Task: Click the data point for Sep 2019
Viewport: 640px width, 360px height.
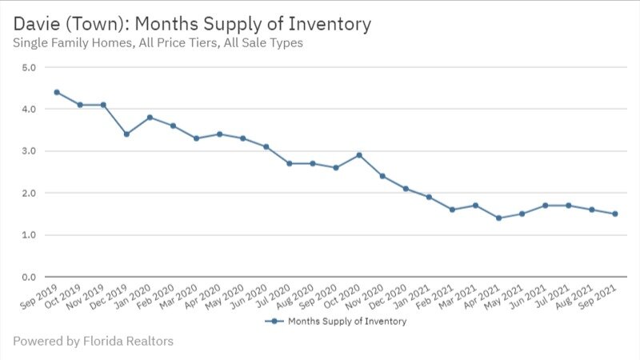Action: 57,92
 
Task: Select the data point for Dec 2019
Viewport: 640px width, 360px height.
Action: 126,134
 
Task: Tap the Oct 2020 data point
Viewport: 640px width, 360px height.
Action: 359,154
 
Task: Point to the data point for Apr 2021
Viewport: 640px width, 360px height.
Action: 498,218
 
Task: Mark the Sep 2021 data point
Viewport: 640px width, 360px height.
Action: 614,214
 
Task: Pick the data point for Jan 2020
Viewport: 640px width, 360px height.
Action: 150,117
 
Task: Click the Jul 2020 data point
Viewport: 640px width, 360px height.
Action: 289,163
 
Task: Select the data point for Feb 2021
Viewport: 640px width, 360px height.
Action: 452,210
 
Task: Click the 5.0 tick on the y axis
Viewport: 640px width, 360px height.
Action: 29,67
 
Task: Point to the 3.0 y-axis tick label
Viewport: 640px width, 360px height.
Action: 29,151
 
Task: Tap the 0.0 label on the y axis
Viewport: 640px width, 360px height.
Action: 29,277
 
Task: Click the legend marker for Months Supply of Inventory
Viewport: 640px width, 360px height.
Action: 274,321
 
